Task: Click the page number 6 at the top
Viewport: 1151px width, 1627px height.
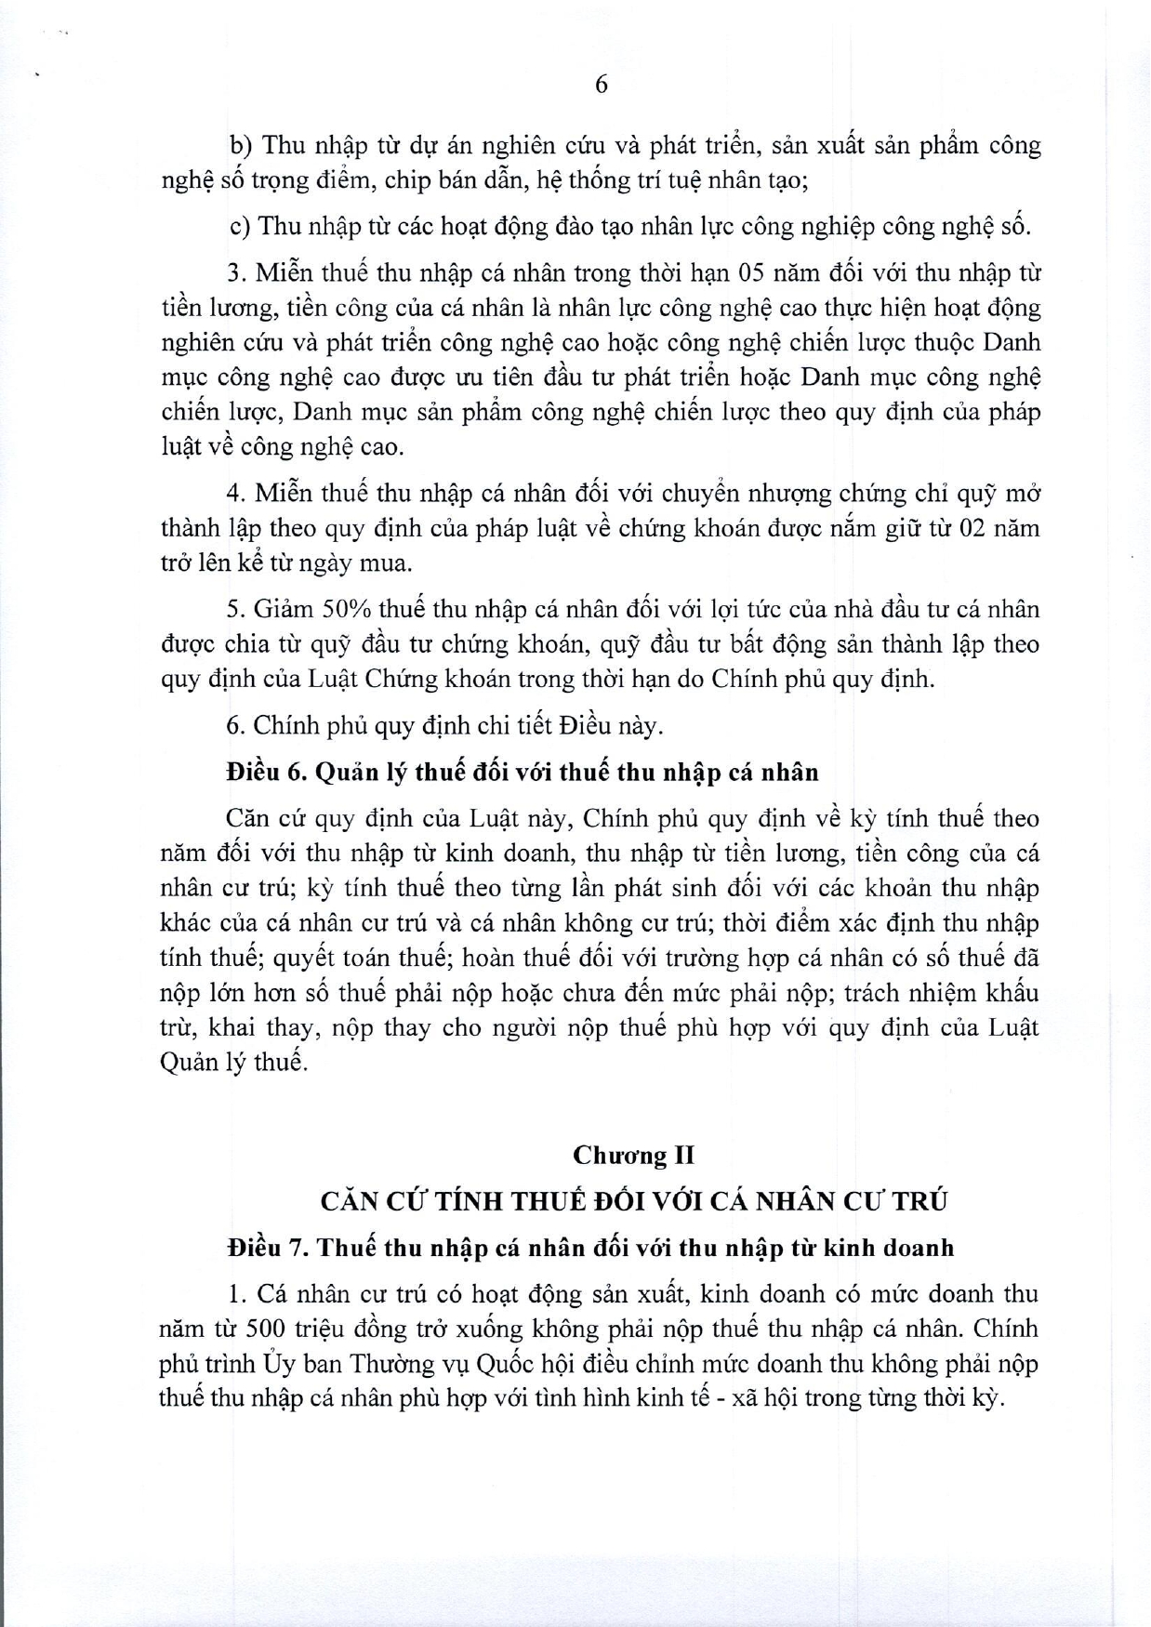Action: (x=601, y=85)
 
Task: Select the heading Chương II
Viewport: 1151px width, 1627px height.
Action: (x=633, y=1155)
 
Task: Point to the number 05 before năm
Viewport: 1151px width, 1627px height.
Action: (x=752, y=273)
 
